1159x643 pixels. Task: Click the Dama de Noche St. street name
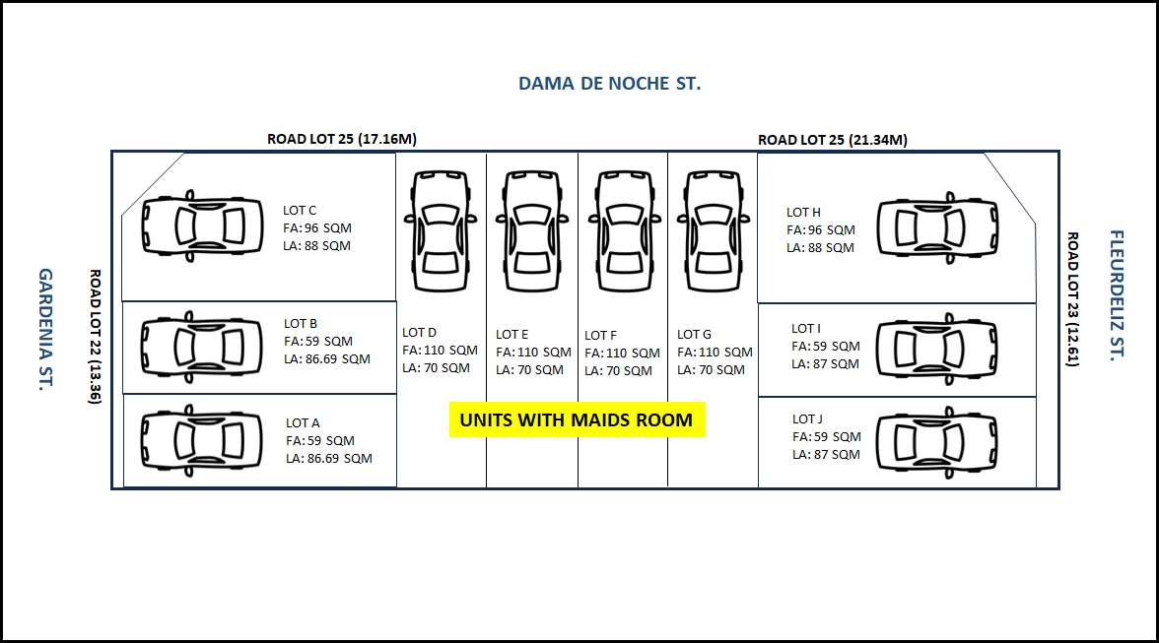[609, 84]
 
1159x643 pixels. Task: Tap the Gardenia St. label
[45, 329]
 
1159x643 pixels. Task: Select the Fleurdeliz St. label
[1116, 294]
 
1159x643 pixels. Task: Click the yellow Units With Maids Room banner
[577, 419]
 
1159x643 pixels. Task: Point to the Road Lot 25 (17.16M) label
[341, 139]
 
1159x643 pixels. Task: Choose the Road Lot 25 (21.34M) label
[832, 140]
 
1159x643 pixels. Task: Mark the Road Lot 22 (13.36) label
[96, 337]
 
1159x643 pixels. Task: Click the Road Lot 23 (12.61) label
[1072, 299]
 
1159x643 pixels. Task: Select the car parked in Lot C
[203, 226]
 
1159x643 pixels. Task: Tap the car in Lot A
[202, 441]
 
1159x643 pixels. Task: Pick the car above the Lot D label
[441, 231]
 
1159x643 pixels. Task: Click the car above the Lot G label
[714, 231]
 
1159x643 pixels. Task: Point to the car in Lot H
[938, 228]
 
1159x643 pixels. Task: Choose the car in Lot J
[937, 443]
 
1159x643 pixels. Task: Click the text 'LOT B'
[300, 323]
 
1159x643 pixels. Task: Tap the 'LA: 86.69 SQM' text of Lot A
[329, 459]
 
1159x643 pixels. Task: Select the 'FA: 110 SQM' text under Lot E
[534, 353]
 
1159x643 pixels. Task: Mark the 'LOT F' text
[600, 335]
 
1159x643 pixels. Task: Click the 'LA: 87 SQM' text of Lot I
[825, 364]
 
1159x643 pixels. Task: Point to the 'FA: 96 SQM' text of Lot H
[820, 230]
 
